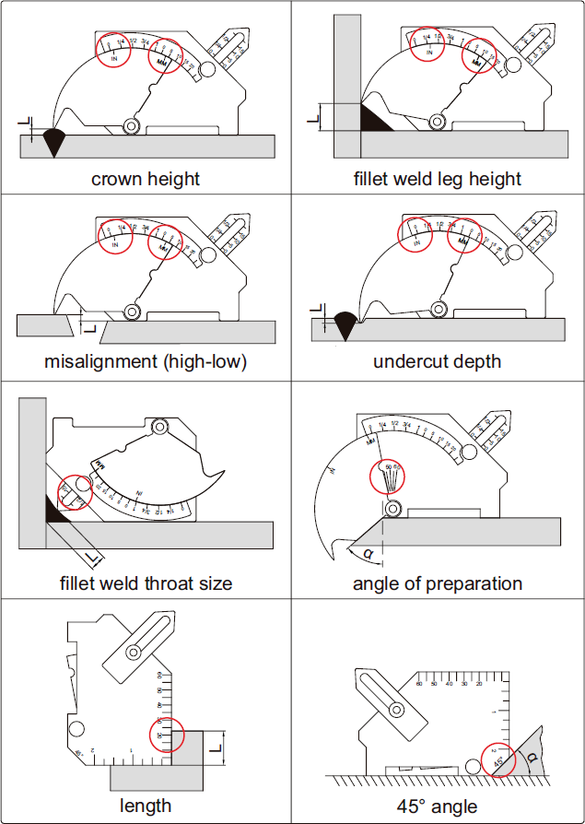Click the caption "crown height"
[146, 178]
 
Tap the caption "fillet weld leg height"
[438, 178]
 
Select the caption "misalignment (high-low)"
[146, 361]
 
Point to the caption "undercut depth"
[438, 361]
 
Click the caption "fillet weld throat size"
[146, 583]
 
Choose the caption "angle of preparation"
[438, 583]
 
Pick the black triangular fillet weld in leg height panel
[373, 118]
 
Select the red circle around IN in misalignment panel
[115, 238]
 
